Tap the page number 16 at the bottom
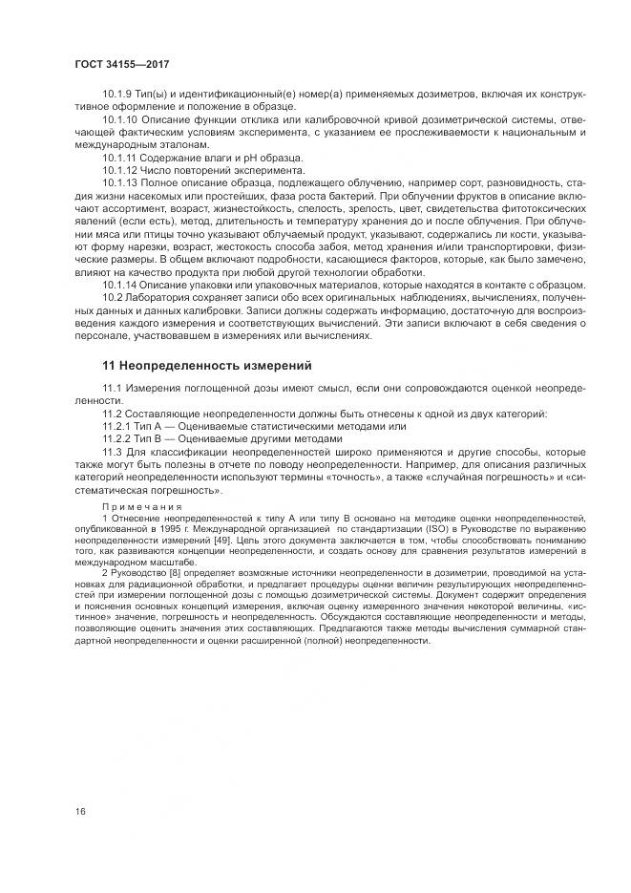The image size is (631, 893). pos(79,811)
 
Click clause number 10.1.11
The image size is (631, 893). pos(121,157)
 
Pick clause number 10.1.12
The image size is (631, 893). pos(121,169)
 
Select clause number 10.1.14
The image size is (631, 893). pos(121,284)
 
